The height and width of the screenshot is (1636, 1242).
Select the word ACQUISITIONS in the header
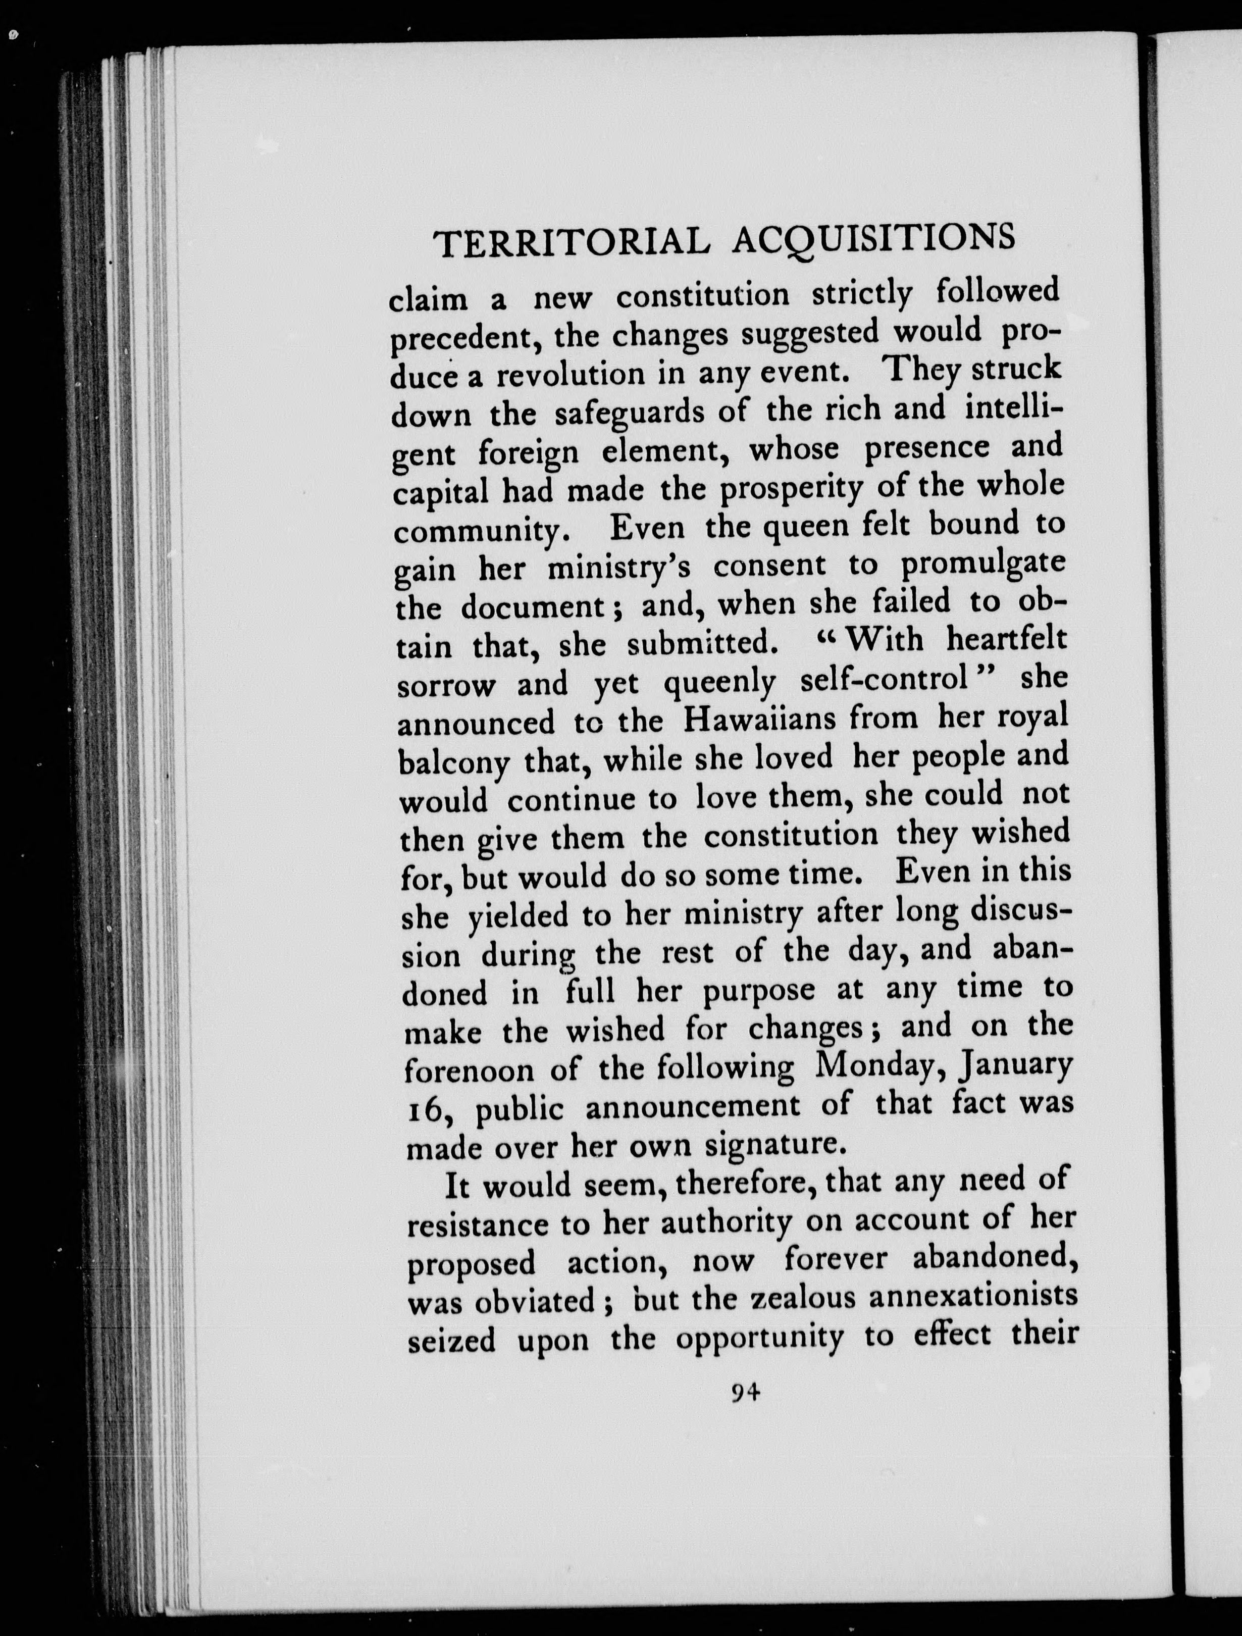(873, 238)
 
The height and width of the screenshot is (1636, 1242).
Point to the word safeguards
(630, 413)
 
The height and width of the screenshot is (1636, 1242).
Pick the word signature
(774, 1145)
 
